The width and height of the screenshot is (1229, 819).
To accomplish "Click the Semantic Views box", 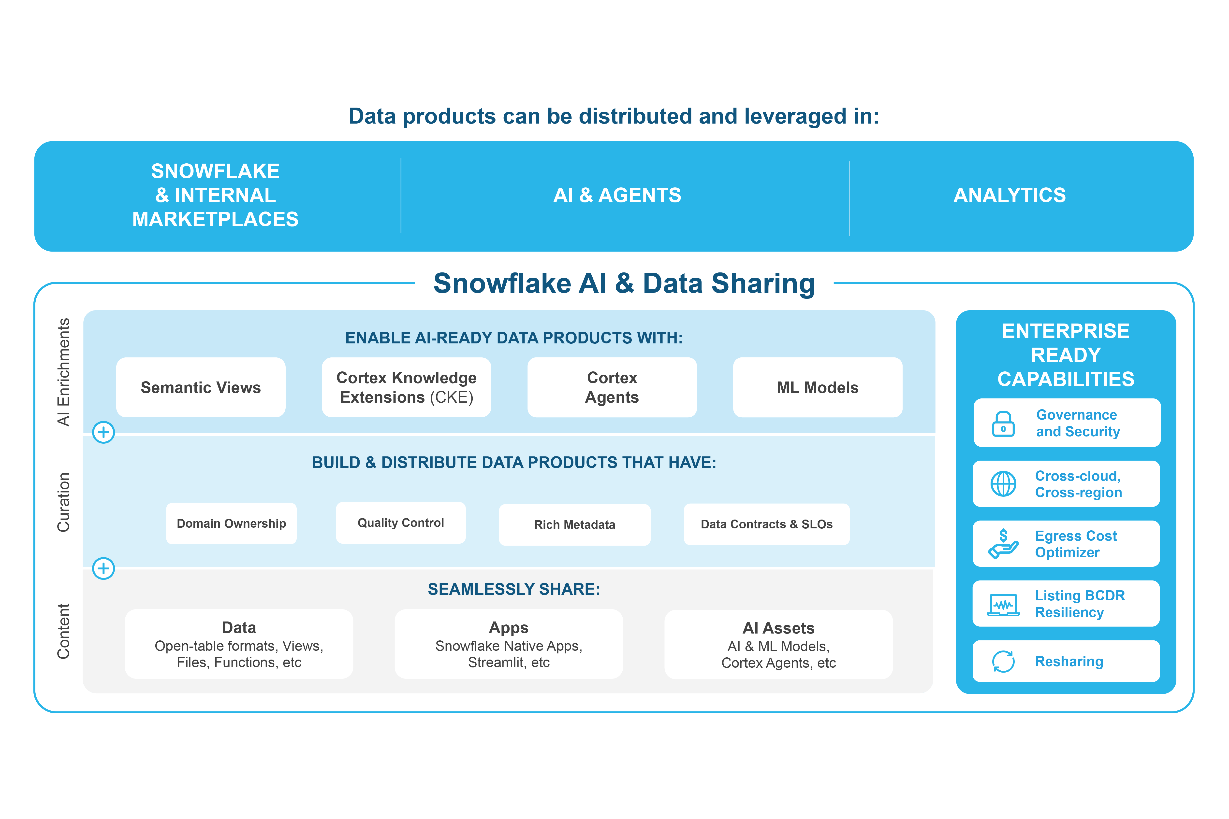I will [x=201, y=388].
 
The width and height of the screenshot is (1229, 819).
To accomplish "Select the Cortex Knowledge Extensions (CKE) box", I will [x=407, y=388].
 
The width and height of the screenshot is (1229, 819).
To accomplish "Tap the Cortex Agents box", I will [x=612, y=388].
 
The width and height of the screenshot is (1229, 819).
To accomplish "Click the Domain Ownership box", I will [x=232, y=523].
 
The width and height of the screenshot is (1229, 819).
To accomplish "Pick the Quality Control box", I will [x=401, y=523].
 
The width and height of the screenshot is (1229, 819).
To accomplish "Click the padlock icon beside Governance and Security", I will [x=1003, y=424].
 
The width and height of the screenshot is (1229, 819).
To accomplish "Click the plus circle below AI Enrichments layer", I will [x=103, y=433].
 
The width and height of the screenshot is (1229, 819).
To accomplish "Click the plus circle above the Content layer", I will [x=103, y=568].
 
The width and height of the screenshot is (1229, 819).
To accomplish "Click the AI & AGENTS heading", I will [x=617, y=195].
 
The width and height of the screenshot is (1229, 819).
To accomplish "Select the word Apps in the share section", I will [x=508, y=627].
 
